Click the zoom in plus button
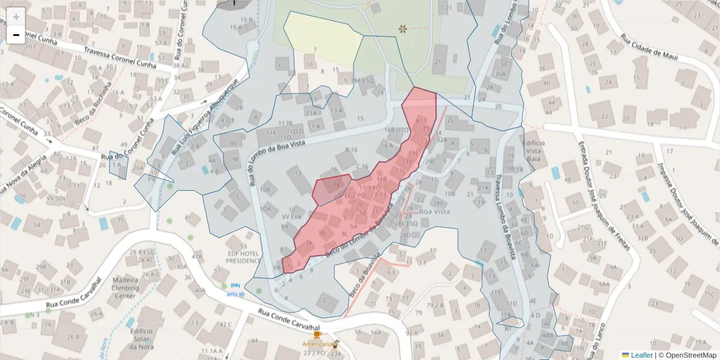click(x=16, y=16)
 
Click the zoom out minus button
click(x=16, y=35)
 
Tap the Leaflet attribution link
click(x=641, y=355)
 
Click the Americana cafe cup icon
click(x=317, y=335)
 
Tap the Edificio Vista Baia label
click(x=533, y=151)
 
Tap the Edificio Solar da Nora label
click(x=140, y=338)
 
